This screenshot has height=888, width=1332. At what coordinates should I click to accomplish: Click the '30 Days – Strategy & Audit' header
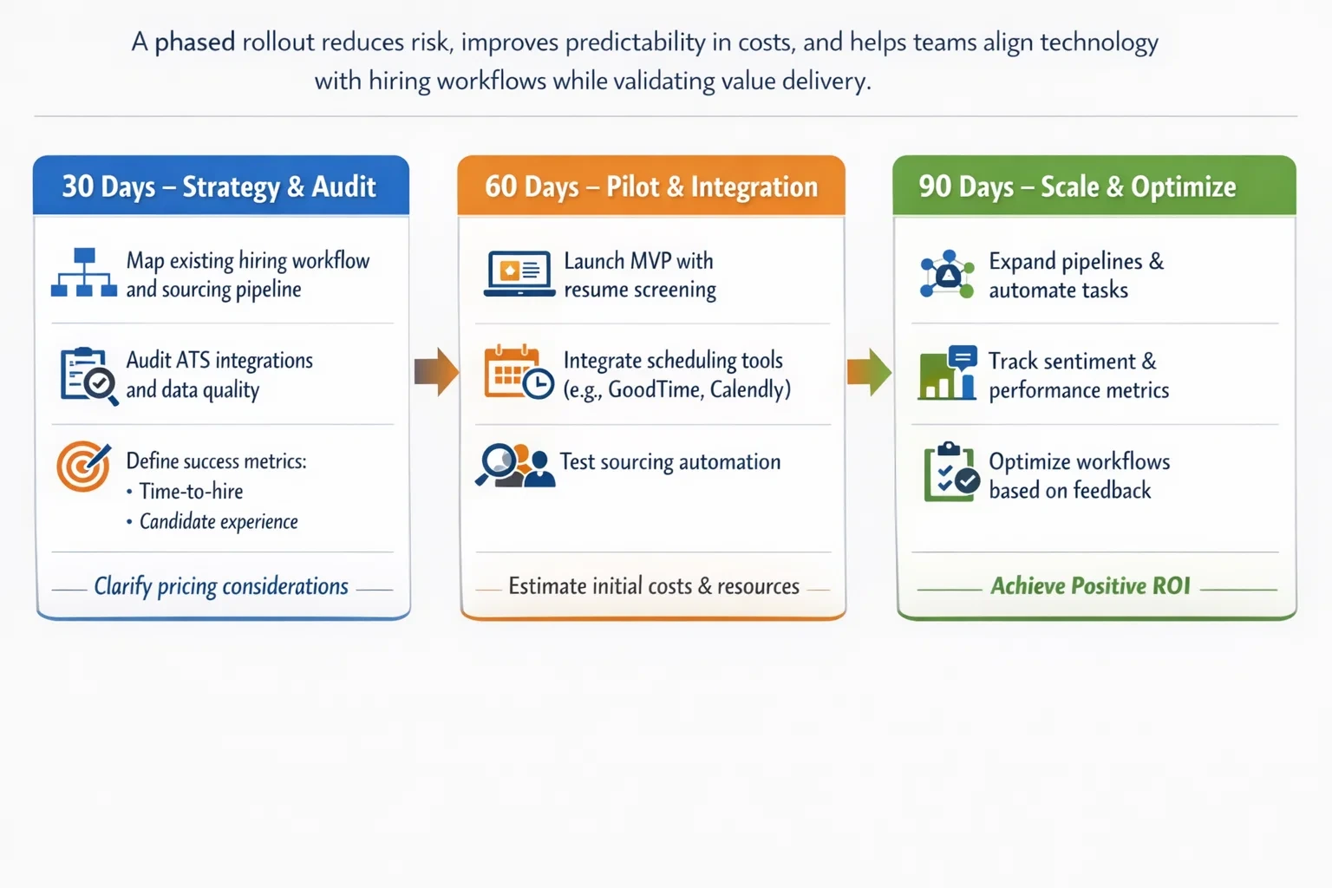[220, 186]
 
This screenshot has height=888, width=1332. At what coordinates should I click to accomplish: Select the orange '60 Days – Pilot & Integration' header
[650, 186]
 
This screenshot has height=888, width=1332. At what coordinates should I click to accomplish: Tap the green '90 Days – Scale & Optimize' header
[1077, 186]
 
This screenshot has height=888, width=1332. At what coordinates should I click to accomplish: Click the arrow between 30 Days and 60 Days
[436, 372]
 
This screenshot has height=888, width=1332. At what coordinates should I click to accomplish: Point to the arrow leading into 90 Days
[869, 372]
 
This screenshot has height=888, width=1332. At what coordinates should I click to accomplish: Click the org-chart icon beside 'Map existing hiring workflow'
[83, 273]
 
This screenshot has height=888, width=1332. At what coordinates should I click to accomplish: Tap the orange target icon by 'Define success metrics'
[83, 466]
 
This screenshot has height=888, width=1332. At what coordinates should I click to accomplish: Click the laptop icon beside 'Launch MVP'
[519, 273]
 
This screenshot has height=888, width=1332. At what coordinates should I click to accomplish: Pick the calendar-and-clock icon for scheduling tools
[519, 373]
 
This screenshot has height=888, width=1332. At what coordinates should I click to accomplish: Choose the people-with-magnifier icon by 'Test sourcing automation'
[515, 465]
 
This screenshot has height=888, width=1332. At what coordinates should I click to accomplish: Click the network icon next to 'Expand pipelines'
[947, 274]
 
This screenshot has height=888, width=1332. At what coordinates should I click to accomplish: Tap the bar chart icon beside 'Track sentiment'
[948, 373]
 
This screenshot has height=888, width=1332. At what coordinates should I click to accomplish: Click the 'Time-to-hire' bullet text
[191, 492]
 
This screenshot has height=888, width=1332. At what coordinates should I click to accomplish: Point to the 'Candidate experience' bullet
[219, 521]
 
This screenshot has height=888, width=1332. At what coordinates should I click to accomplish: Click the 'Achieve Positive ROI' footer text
[1090, 586]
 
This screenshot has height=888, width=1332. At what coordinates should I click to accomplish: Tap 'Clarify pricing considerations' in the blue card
[221, 587]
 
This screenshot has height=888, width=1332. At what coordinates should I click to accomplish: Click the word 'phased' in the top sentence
[194, 42]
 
